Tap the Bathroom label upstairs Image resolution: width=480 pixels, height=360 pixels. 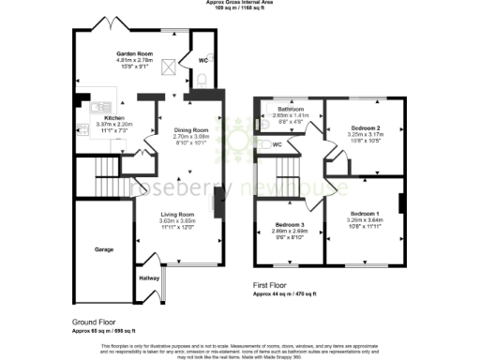tap(283, 110)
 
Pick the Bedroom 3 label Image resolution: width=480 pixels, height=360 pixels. tap(288, 225)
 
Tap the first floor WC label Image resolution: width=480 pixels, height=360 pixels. tap(277, 145)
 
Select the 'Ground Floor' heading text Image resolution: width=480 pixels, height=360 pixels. tap(92, 321)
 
